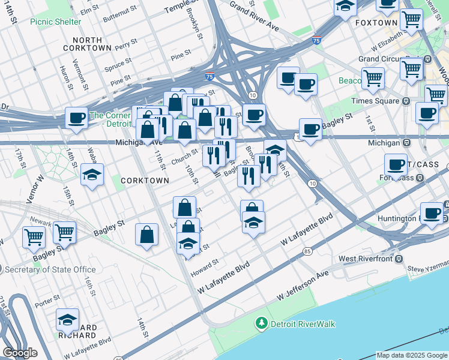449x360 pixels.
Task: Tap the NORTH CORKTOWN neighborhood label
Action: click(87, 44)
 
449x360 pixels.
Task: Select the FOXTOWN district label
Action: click(376, 23)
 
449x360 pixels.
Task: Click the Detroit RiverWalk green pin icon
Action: click(261, 324)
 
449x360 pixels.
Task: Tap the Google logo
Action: click(20, 353)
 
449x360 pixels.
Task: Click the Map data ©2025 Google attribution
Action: click(411, 355)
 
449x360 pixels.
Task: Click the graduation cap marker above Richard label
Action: click(68, 320)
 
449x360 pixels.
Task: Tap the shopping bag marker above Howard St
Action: click(188, 228)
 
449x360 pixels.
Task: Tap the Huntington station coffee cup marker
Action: click(431, 214)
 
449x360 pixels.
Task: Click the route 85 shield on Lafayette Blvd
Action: click(307, 251)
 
